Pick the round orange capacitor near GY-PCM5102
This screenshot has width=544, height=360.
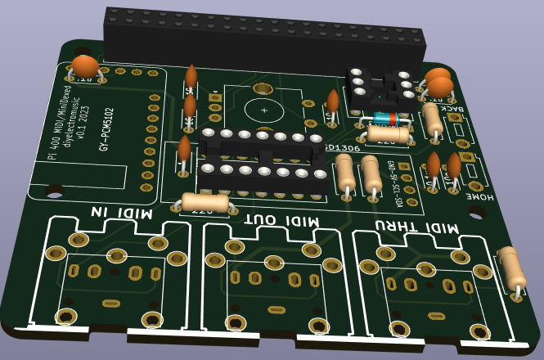pos(85,66)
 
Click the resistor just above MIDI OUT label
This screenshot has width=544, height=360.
pos(205,201)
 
